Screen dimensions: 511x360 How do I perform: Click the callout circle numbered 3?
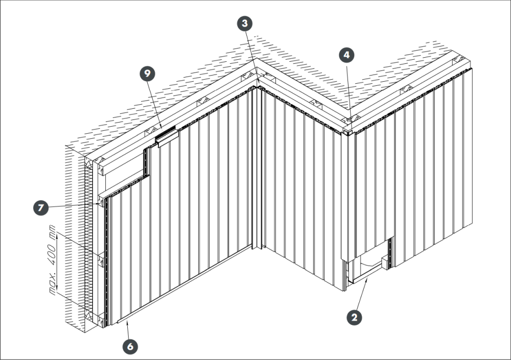pos(245,23)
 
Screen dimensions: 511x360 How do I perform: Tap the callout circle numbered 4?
pos(346,55)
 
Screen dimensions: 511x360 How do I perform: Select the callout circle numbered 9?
pos(148,74)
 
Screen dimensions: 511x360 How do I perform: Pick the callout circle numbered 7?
pos(41,207)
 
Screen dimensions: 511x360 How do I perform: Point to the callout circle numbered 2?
pos(354,317)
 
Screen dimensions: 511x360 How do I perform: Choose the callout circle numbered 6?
pos(130,346)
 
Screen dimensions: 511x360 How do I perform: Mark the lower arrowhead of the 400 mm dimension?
pos(57,286)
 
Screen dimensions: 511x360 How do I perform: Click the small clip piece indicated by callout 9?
pos(168,137)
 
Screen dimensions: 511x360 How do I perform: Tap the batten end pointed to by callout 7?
pos(101,201)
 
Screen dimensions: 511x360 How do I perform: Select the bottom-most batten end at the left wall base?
pos(101,320)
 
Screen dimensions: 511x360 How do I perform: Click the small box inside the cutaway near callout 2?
pos(385,262)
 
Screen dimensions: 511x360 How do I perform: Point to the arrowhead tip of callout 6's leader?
pos(128,322)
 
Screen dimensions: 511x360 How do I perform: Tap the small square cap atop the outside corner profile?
pos(345,132)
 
